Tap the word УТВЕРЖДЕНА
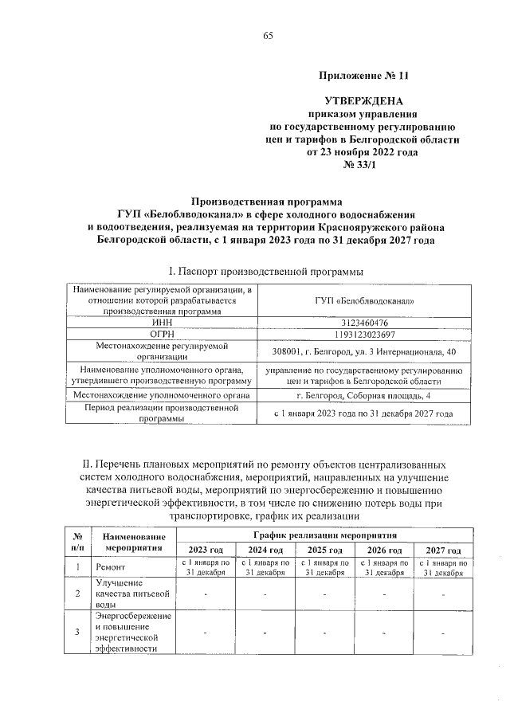363,102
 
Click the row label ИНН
162,323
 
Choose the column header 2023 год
206,551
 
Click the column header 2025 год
324,551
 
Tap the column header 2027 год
443,551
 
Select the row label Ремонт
109,567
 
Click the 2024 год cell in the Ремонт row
265,567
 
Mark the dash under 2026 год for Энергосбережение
383,632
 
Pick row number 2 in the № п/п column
77,594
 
